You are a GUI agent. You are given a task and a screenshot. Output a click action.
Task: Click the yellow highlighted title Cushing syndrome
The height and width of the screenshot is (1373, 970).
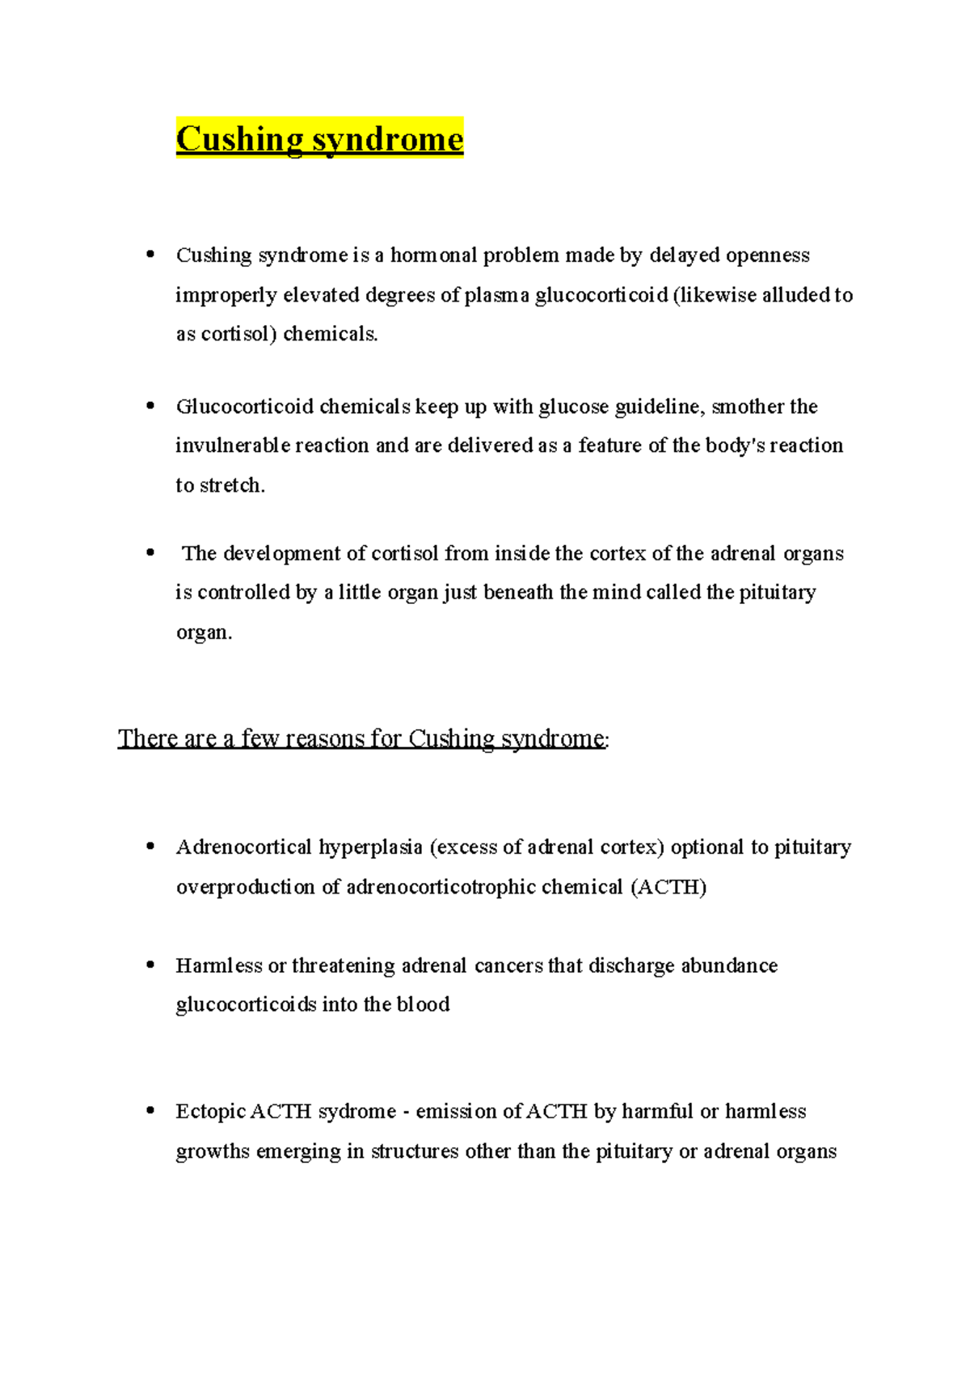pos(319,139)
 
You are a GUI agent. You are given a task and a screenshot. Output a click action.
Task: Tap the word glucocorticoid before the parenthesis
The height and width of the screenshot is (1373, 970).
pos(601,295)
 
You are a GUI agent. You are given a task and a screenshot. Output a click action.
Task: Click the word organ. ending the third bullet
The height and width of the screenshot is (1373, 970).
pos(204,632)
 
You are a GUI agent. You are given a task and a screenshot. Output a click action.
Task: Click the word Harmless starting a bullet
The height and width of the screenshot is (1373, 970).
pos(219,965)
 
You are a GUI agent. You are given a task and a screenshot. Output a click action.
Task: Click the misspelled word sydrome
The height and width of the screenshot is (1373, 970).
pos(356,1112)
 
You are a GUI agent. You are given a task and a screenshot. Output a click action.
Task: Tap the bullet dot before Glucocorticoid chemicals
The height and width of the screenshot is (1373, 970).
pos(150,406)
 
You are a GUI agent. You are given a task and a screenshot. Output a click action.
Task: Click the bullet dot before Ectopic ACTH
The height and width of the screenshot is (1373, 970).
pos(150,1111)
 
